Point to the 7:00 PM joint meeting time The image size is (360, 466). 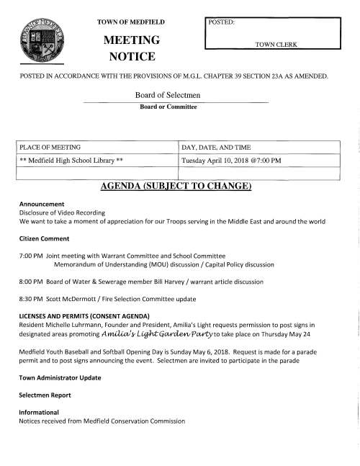click(x=30, y=256)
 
